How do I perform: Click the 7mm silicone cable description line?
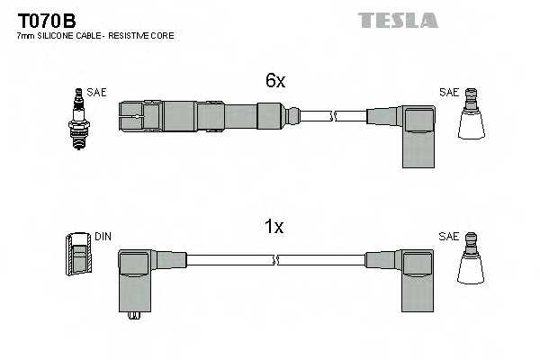pos(95,36)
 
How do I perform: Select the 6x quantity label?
pos(275,81)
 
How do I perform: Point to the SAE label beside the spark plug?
pos(96,92)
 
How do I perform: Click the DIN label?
pos(103,237)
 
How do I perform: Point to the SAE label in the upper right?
pos(449,92)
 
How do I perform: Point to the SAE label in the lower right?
pos(449,237)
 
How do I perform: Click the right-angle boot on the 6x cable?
pos(417,132)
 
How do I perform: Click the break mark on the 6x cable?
pos(334,116)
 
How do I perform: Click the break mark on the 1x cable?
pos(276,260)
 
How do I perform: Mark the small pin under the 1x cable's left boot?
pos(135,315)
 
